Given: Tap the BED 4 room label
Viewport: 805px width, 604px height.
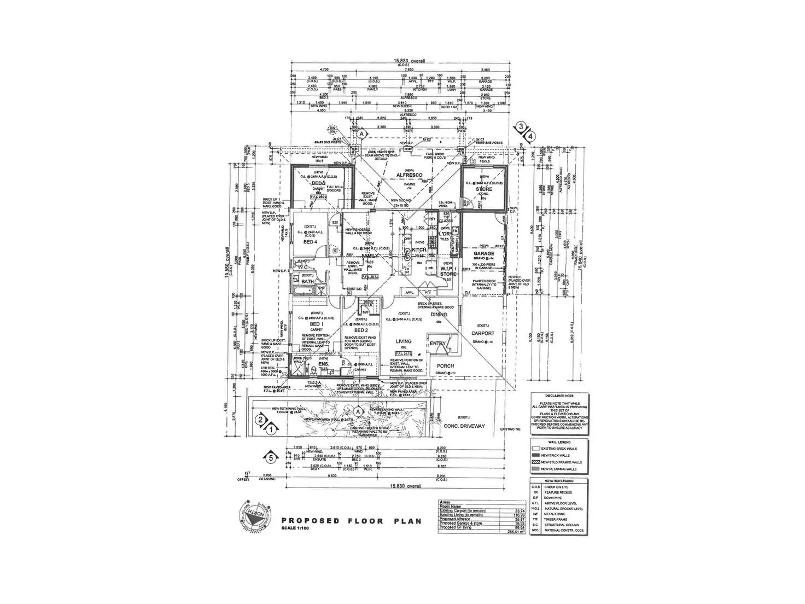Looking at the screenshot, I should coord(310,242).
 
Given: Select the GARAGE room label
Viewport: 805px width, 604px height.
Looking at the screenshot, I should coord(484,253).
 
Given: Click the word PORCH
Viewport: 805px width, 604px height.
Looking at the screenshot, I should coord(445,366).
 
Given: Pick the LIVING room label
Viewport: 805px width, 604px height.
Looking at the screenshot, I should coord(404,341).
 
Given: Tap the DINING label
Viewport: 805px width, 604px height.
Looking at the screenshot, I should coord(439,315).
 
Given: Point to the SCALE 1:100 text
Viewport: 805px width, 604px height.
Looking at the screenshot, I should coord(299,528).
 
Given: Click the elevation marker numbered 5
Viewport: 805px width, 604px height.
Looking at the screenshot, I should coord(269,456).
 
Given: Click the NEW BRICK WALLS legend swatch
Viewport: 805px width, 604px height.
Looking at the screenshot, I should coord(536,455).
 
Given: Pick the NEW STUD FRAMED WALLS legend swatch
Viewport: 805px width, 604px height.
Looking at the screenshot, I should coord(536,462).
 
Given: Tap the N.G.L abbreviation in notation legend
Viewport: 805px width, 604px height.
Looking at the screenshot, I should coord(535,508).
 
